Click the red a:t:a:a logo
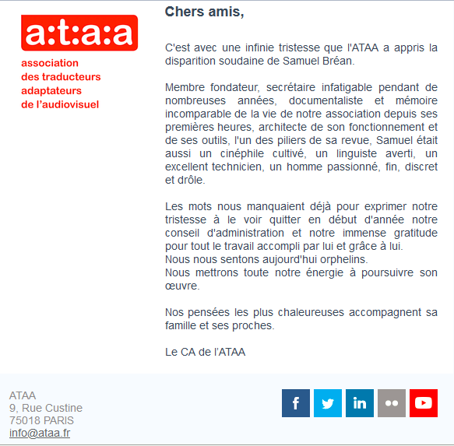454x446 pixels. coord(79,33)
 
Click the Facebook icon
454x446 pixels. coord(296,403)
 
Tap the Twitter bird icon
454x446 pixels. coord(328,403)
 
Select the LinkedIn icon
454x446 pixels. coord(360,403)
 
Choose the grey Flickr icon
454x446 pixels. coord(392,403)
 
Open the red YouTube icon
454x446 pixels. coord(424,403)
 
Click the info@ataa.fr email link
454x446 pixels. coord(40,433)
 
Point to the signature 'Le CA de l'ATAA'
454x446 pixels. coord(205,352)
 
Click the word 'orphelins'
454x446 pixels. coord(343,259)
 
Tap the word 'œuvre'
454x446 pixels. coord(183,286)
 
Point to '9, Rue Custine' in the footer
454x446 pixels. coord(46,408)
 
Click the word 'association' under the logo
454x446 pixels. coord(50,63)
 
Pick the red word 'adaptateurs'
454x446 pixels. coord(51,90)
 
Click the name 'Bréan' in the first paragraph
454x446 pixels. coord(336,60)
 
